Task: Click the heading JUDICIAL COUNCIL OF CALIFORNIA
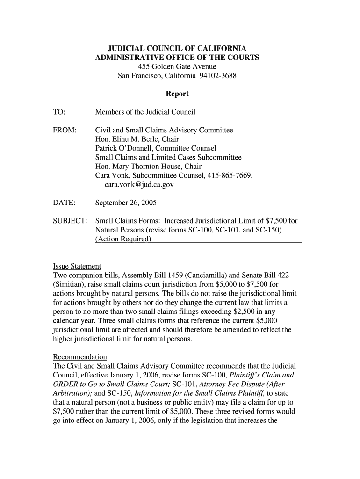[x=177, y=49]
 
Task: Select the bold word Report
[x=177, y=94]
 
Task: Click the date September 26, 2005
[x=126, y=203]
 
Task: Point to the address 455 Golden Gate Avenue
[x=177, y=67]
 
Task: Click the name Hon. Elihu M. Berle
[x=127, y=139]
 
